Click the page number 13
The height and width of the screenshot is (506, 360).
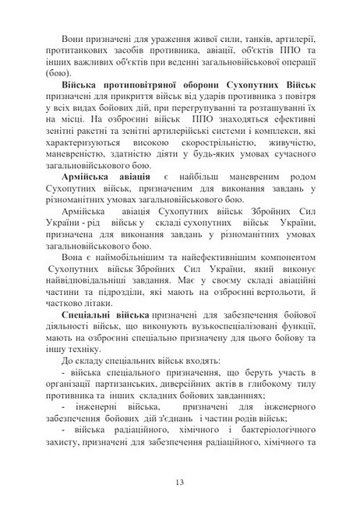tap(180, 482)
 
